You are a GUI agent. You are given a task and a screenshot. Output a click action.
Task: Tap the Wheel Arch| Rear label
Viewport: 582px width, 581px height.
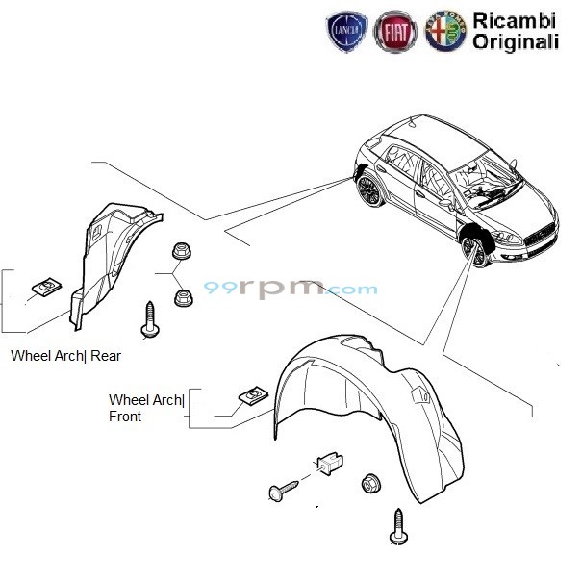click(65, 355)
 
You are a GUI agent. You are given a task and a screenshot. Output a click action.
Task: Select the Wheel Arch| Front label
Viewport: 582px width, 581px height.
click(146, 408)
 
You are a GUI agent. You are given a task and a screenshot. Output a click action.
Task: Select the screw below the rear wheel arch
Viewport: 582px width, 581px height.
click(150, 320)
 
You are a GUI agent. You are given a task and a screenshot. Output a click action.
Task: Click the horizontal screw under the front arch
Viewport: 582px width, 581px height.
click(284, 489)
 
